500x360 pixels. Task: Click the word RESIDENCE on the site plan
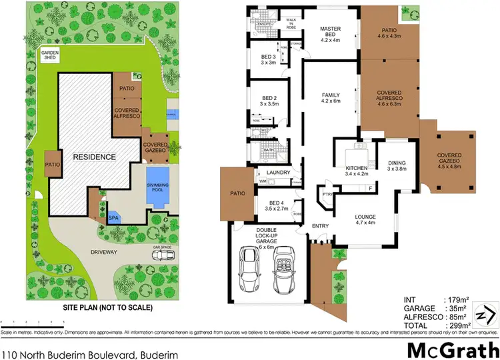pyautogui.click(x=94, y=157)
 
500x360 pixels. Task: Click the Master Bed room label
pyautogui.click(x=331, y=33)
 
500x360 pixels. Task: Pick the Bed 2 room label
pyautogui.click(x=269, y=101)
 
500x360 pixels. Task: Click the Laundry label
pyautogui.click(x=277, y=173)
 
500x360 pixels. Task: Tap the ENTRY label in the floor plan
pyautogui.click(x=321, y=227)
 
